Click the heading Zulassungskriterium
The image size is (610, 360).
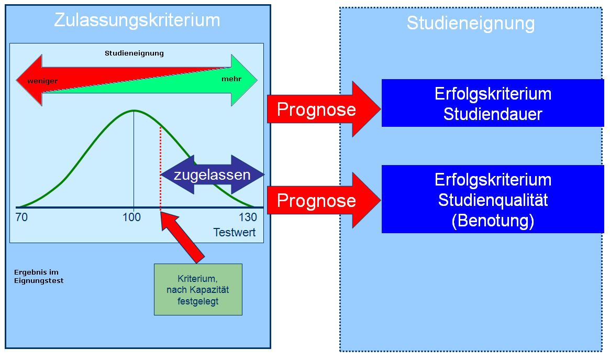tap(137, 20)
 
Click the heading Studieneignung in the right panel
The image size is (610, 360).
tap(471, 23)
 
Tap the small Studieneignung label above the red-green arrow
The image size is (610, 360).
tap(134, 53)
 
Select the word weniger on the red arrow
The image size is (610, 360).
tap(42, 81)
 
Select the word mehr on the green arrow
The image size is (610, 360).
tap(231, 79)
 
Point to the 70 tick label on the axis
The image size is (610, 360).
tap(21, 217)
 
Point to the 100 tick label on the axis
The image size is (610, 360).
tap(132, 217)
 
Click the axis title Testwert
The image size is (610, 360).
tap(235, 232)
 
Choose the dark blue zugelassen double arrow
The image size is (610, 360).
tap(212, 174)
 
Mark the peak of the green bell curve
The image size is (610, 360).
tap(134, 111)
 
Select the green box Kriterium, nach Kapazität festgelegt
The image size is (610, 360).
tap(198, 289)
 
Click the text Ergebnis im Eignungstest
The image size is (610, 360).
tap(39, 277)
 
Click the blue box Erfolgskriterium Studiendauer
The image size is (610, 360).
tap(493, 103)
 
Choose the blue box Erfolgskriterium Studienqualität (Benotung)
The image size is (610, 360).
tap(493, 199)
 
